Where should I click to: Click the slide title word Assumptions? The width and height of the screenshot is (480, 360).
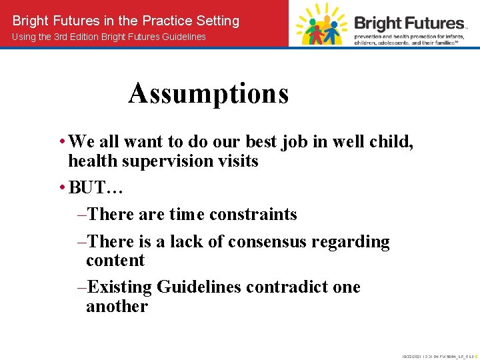(209, 93)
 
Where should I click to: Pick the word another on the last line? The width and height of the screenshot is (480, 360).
(117, 306)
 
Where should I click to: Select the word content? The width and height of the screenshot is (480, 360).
(115, 260)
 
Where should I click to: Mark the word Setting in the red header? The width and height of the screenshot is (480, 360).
(215, 21)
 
